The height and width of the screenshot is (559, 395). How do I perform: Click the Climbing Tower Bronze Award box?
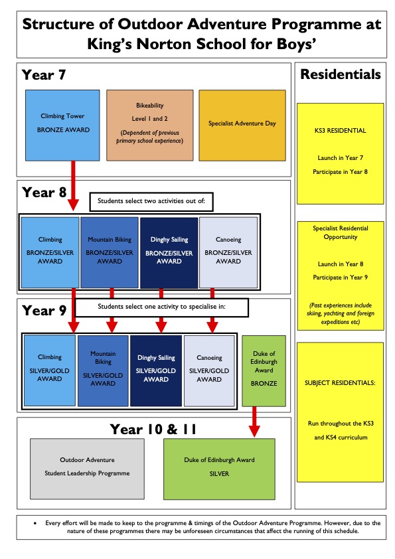tap(62, 125)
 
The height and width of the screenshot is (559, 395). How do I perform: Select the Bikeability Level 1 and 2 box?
tap(150, 125)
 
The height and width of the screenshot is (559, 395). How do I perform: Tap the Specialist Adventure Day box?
tap(242, 125)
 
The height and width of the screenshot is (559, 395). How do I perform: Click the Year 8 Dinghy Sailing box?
tap(169, 252)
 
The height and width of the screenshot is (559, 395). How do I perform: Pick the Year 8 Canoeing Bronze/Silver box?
tap(228, 252)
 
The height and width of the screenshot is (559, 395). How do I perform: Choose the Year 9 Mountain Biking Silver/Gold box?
tap(103, 370)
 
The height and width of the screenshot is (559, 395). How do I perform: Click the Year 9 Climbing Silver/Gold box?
tap(50, 370)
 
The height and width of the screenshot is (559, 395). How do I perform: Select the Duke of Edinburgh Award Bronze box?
tap(264, 370)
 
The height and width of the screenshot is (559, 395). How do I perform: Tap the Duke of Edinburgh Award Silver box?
tap(219, 469)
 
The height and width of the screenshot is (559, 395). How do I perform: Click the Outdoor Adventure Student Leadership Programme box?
tap(88, 469)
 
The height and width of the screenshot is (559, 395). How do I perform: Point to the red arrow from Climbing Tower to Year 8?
tap(73, 185)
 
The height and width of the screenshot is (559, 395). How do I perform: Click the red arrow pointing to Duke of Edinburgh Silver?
tap(254, 422)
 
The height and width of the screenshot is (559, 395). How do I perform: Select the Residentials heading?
tap(341, 74)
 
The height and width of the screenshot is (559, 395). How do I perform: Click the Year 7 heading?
tap(44, 75)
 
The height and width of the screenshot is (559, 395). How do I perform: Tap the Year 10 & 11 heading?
tap(153, 429)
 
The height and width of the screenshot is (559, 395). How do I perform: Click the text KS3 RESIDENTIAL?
tap(340, 131)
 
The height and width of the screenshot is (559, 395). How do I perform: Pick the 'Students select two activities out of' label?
tap(151, 201)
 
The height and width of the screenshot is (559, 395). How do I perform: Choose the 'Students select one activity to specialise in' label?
tap(161, 307)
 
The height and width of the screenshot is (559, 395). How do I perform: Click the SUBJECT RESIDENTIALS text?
tap(340, 383)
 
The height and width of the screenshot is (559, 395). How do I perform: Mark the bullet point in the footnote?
tap(35, 523)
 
